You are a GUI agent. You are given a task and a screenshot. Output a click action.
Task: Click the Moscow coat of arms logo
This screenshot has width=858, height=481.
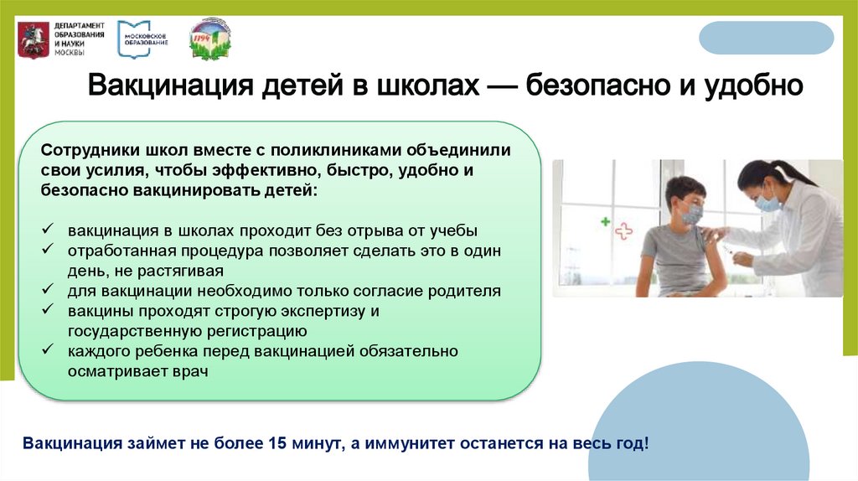point(33,39)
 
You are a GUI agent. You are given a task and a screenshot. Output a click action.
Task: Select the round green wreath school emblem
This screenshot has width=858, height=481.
point(209,39)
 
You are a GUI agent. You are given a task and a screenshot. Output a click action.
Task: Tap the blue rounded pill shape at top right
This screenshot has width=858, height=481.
point(766,39)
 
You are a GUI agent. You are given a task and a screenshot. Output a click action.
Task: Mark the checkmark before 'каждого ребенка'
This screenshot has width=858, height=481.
point(49,351)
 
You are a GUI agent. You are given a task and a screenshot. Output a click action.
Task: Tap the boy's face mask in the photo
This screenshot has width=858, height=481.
point(691,215)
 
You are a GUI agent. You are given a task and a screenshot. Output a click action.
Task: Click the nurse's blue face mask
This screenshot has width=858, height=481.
point(767,202)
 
